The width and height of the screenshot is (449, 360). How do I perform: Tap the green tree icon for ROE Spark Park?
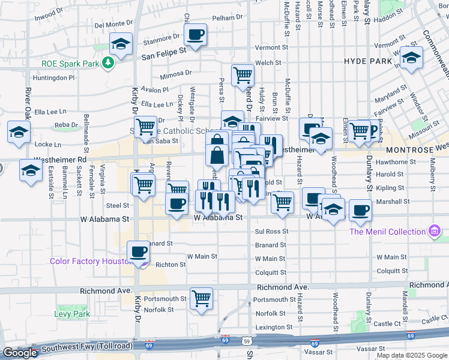coord(108,62)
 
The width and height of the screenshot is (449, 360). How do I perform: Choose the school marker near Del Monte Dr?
coord(121,44)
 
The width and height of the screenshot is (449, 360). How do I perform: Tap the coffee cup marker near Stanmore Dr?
coord(195,34)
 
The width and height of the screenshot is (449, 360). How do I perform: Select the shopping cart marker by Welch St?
coord(243,75)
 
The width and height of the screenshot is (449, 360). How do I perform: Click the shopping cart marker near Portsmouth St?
coord(201,298)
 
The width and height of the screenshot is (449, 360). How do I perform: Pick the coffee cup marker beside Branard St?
coord(138,251)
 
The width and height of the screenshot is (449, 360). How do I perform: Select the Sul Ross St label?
coord(271,231)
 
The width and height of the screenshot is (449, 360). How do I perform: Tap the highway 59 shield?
coord(247,341)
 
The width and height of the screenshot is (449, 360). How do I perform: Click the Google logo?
coord(20,353)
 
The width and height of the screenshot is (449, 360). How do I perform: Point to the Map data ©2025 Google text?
coord(411,355)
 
